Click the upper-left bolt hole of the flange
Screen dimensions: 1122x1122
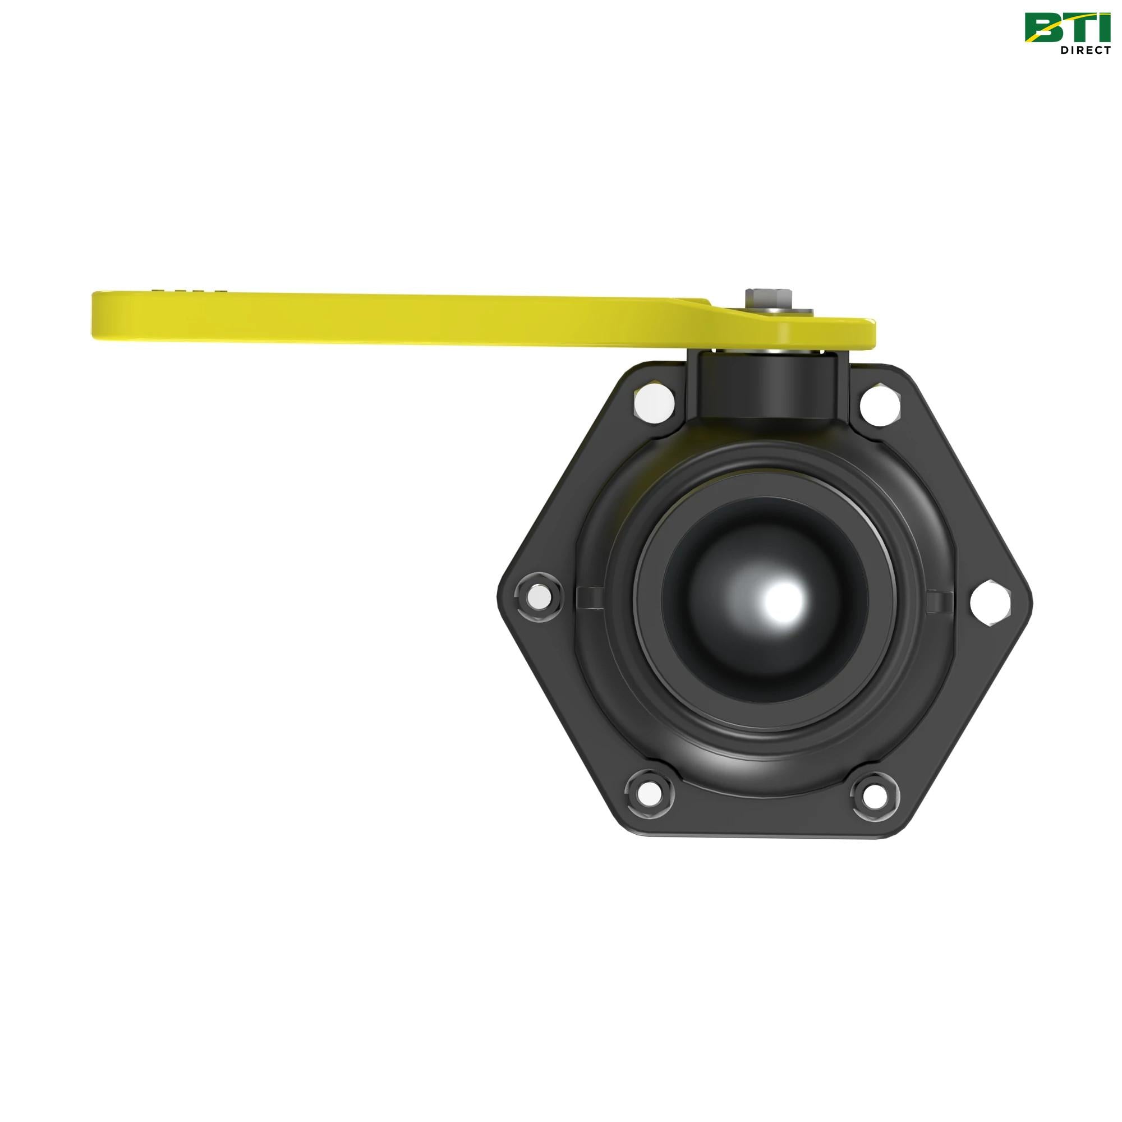[655, 401]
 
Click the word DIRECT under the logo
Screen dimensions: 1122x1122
[1086, 50]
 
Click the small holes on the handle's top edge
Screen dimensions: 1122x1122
[192, 289]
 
